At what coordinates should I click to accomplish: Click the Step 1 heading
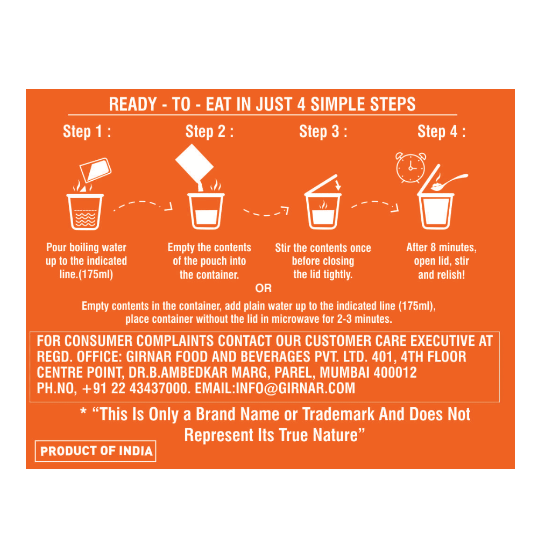click(87, 132)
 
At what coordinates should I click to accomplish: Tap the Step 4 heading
click(442, 132)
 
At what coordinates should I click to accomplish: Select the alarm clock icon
click(410, 167)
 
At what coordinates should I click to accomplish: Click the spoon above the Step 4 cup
click(449, 182)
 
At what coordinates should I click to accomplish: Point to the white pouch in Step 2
click(195, 164)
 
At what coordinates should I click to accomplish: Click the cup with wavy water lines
click(85, 211)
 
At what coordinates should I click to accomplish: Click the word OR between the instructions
click(263, 288)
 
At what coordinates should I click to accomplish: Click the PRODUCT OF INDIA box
click(96, 451)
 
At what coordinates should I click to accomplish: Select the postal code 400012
click(395, 373)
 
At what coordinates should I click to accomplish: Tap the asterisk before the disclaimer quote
click(83, 412)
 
